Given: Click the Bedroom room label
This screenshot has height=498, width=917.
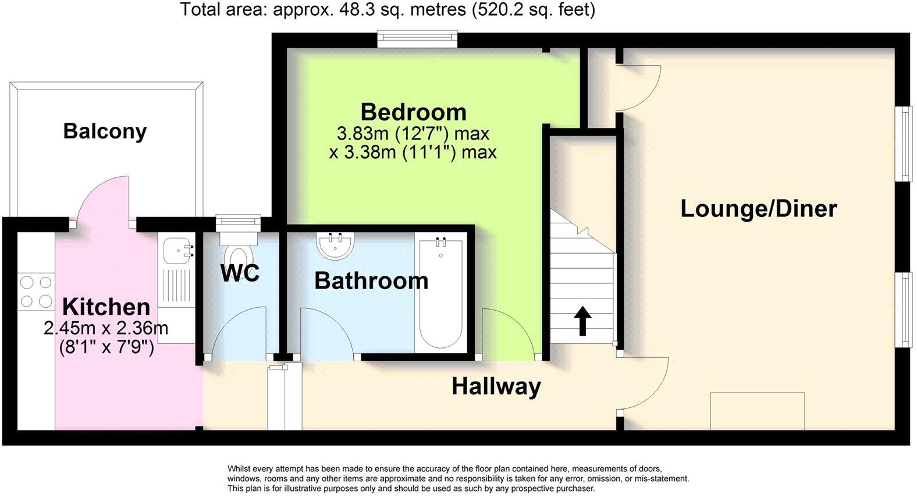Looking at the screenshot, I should tap(413, 112).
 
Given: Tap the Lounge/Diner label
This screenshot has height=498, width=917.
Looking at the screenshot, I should tap(758, 208).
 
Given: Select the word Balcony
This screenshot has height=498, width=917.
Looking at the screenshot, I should tap(105, 131).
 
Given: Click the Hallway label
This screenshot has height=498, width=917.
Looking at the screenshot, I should tap(496, 386).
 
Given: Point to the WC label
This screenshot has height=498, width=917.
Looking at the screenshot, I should tap(240, 273).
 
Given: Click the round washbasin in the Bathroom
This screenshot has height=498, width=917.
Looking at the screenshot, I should tap(336, 246).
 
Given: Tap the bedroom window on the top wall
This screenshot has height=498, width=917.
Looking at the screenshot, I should tap(417, 39).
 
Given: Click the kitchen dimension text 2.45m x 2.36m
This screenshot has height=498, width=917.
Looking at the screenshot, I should tap(106, 328).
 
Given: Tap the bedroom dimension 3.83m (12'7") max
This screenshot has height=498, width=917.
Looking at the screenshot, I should tap(413, 133).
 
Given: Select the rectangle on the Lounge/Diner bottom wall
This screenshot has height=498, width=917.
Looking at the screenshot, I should tap(757, 411).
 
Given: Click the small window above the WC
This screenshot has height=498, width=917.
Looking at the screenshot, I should tap(237, 221).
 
